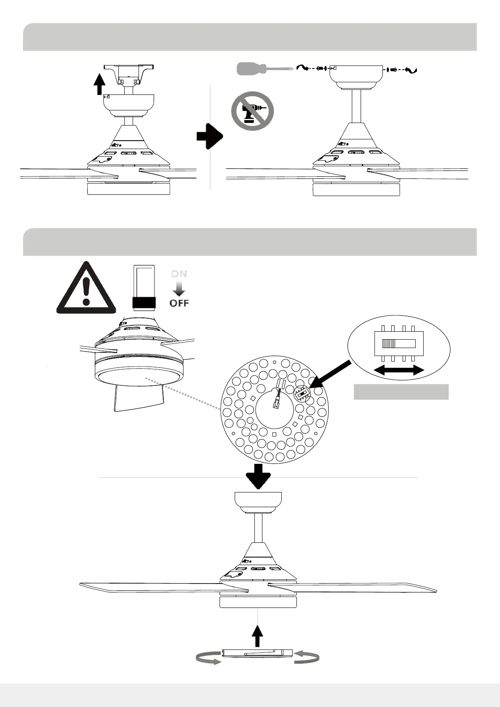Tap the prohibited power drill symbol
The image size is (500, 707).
click(252, 111)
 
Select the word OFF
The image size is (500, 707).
click(179, 303)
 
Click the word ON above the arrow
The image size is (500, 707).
click(179, 274)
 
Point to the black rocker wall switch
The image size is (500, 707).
click(144, 288)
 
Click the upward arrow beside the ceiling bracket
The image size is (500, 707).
click(99, 84)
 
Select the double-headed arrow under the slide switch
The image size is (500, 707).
click(399, 370)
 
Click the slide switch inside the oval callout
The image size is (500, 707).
click(398, 343)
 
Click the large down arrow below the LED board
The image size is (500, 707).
click(258, 476)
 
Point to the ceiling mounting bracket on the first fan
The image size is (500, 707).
click(128, 73)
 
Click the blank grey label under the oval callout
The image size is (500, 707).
click(401, 392)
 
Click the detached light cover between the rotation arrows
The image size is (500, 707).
click(257, 653)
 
